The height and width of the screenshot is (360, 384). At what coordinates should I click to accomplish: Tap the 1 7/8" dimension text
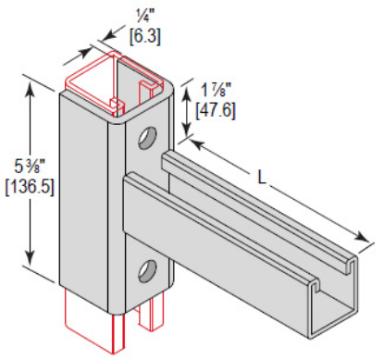[x=219, y=90]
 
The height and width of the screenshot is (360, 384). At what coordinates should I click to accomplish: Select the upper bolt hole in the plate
[x=146, y=140]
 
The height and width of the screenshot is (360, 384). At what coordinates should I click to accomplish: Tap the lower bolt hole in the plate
[x=146, y=271]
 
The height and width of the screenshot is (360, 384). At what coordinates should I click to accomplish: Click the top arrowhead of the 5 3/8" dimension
[x=35, y=88]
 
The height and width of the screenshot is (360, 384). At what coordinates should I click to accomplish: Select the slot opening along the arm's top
[x=259, y=217]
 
